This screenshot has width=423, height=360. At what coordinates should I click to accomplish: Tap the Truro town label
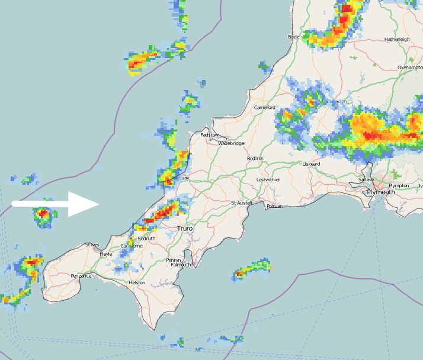pos(185,228)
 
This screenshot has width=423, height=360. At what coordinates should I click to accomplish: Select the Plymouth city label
pos(380,192)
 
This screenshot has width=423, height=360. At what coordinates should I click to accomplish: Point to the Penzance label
pos(81,276)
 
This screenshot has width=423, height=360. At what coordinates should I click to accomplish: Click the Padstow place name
pos(210,135)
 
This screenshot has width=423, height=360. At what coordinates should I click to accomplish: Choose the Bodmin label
pos(255,159)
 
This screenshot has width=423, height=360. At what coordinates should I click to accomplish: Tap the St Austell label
pos(242,203)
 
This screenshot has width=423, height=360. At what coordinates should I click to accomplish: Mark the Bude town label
pos(294,37)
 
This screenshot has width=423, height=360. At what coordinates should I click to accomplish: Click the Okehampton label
pos(409,67)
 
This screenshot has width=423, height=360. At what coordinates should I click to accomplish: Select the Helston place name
pos(137,283)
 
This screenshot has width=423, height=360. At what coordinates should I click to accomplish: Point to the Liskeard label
pos(311,164)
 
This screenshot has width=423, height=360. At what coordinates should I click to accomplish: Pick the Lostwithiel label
pos(268,179)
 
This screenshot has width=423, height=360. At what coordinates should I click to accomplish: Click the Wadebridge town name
pos(231,143)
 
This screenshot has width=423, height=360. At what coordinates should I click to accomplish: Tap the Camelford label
pos(265,108)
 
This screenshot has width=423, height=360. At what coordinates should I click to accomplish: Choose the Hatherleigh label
pos(397,39)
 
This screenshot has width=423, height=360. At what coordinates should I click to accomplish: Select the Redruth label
pos(146,239)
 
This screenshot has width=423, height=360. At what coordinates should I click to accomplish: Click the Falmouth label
pos(181,265)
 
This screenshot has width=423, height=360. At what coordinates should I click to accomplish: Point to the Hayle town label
pos(106,254)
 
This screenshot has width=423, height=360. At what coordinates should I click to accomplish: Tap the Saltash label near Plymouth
pos(366,179)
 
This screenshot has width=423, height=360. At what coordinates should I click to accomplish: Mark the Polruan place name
pos(275,206)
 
